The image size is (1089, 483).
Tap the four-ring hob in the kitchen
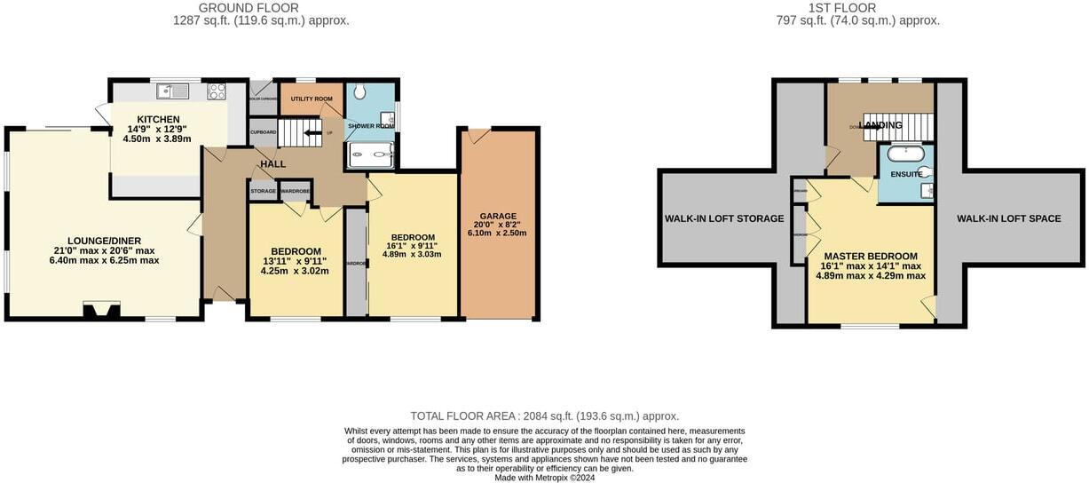click(x=217, y=90)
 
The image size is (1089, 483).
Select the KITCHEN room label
click(x=158, y=120)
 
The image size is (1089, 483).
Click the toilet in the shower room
click(x=359, y=91)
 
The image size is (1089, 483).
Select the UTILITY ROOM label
click(x=311, y=99)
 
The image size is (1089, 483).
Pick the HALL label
click(x=272, y=164)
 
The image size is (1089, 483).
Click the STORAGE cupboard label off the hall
click(x=263, y=191)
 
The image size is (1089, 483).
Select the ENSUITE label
click(x=906, y=174)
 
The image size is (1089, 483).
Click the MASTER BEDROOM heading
click(x=870, y=256)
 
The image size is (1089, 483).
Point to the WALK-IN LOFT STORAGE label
click(x=724, y=218)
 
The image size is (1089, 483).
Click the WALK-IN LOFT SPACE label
click(x=1008, y=218)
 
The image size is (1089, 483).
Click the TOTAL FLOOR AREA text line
click(x=544, y=416)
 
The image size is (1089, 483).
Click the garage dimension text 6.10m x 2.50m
click(x=498, y=234)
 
